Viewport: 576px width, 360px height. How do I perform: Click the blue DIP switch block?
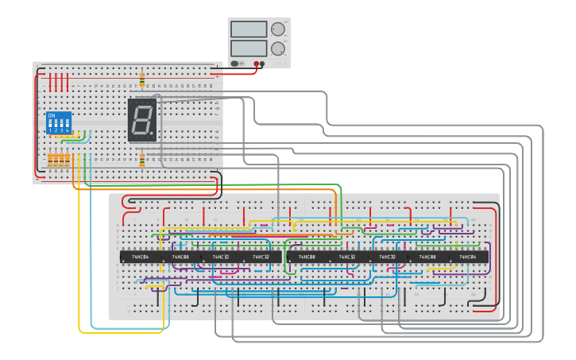tap(59, 123)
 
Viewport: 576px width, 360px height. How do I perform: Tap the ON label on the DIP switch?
tap(52, 116)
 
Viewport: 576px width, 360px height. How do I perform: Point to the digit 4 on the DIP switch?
tap(67, 130)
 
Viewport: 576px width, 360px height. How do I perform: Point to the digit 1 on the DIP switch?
tap(51, 130)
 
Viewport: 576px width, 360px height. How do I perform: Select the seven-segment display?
tap(143, 120)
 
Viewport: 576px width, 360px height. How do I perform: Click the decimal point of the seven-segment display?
tap(153, 134)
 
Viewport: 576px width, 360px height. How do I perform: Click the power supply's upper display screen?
tap(248, 29)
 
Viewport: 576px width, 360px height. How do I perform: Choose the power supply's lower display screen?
tap(248, 48)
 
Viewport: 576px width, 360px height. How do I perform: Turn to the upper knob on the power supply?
tap(277, 29)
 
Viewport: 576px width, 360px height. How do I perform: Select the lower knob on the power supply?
tap(277, 48)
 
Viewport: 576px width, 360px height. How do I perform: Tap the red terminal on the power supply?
tap(257, 63)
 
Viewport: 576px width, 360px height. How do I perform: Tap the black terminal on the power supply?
tap(263, 63)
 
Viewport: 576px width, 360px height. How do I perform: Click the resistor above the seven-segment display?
tap(142, 79)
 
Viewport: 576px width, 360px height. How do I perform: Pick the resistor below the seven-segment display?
tap(142, 161)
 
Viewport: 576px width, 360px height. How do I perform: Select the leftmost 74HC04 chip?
tap(140, 257)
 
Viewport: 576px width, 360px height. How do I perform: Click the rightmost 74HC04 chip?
tap(468, 257)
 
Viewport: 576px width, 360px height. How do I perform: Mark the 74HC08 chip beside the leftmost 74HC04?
tap(181, 257)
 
